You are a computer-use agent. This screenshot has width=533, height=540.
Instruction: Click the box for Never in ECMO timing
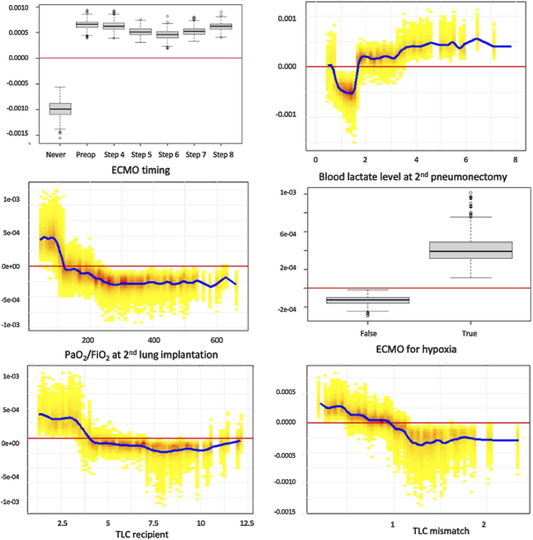tap(60, 109)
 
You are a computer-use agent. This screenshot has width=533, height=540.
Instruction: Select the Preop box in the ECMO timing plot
tap(87, 25)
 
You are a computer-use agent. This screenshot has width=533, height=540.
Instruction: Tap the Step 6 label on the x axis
tap(168, 155)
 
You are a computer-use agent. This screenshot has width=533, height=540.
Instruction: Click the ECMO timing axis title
tap(141, 170)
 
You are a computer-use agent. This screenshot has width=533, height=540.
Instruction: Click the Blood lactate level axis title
tap(413, 177)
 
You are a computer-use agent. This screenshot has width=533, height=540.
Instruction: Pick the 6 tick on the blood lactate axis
tap(466, 160)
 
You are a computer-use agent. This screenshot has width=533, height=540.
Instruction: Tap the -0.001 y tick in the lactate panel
tap(285, 114)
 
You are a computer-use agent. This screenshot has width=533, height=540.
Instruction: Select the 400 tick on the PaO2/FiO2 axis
tap(154, 340)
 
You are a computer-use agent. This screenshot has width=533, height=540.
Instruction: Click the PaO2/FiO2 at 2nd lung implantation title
tap(141, 355)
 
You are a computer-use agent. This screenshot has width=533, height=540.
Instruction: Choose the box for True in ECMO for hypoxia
tap(471, 250)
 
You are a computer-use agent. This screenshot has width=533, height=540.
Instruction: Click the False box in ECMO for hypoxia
tap(368, 300)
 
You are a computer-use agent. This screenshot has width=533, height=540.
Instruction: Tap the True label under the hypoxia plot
tap(469, 334)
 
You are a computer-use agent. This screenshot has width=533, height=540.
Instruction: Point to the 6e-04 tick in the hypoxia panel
tap(288, 234)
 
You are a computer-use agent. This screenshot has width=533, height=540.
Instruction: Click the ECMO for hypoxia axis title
tap(416, 349)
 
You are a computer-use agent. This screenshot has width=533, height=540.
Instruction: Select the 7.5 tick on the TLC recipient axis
tap(153, 523)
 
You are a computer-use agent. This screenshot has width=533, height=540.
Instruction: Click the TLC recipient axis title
tap(142, 535)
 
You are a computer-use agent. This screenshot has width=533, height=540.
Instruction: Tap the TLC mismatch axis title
tap(441, 531)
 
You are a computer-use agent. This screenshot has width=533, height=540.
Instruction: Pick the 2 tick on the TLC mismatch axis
tap(484, 525)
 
